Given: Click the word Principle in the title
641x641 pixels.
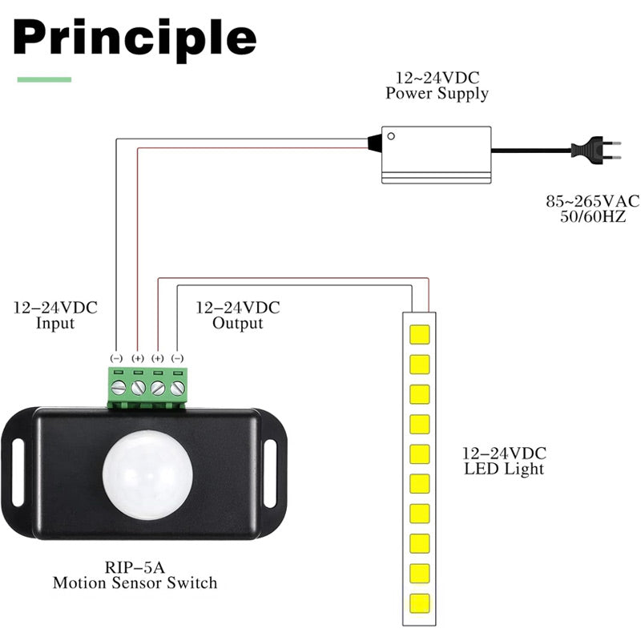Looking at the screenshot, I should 135,37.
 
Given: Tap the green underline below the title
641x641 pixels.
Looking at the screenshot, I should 44,79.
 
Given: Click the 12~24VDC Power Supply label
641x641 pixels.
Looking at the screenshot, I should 437,86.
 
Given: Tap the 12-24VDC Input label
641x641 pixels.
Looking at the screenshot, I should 55,316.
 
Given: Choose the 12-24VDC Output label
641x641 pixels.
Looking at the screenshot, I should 238,316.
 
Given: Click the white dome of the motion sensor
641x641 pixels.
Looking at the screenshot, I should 147,472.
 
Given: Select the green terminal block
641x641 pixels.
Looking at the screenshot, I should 147,385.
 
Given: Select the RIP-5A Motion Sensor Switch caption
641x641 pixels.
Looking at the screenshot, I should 135,575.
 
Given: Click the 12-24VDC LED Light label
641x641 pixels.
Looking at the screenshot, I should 504,461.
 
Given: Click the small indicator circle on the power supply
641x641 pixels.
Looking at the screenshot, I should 390,135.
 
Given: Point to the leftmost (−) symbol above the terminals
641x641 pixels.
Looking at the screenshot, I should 116,357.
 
